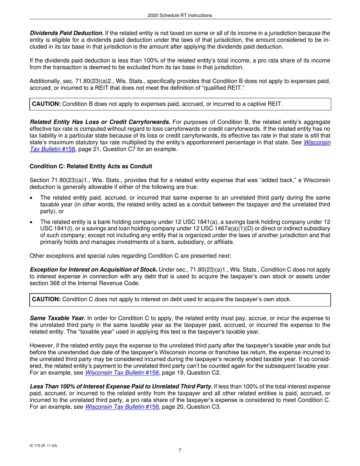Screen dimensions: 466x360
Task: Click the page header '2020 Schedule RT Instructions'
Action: pos(180,15)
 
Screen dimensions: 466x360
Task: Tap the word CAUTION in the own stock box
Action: pos(46,299)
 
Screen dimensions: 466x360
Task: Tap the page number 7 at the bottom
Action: pos(180,450)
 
